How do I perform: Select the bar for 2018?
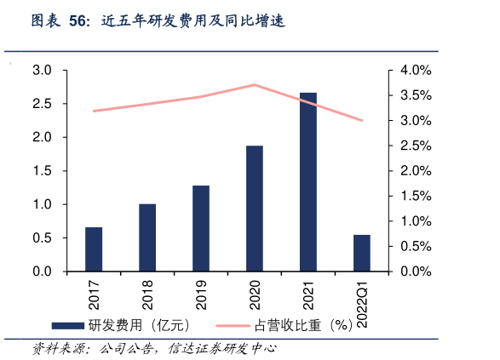[x=147, y=237]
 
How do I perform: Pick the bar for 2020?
[x=255, y=209]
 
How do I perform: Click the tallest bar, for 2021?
[x=308, y=182]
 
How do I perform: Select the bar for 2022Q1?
[x=362, y=253]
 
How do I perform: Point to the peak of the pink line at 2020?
[x=255, y=84]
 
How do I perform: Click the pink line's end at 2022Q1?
[x=362, y=120]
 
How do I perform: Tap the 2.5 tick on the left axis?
[x=42, y=104]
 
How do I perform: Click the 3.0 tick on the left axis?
[x=42, y=70]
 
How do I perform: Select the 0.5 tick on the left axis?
[x=42, y=238]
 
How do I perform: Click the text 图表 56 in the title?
[x=60, y=21]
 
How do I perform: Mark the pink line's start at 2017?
[x=94, y=111]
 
